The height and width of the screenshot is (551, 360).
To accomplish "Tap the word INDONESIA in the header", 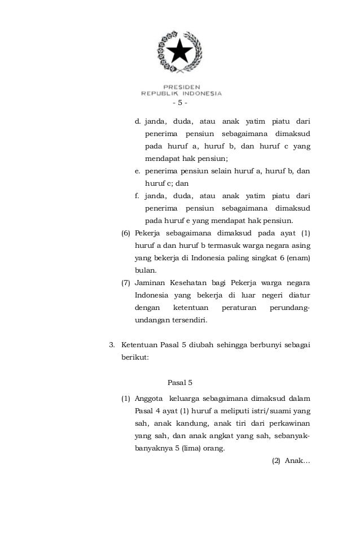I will (x=201, y=94).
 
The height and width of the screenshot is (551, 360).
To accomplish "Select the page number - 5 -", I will (x=180, y=103).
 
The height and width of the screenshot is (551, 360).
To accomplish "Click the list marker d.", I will (x=138, y=121).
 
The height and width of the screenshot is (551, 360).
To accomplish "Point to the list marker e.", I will (x=138, y=171).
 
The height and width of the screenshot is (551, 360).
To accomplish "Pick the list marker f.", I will (x=137, y=196).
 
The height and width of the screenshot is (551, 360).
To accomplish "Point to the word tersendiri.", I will (x=188, y=320).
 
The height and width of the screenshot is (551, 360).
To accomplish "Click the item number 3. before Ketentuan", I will (x=111, y=345).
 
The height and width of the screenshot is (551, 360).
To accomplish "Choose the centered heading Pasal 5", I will (x=180, y=382).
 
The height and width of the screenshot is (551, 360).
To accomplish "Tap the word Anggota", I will (x=149, y=400).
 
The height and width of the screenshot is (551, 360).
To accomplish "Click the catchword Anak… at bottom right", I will (x=297, y=461).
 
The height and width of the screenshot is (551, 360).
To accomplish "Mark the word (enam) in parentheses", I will (x=299, y=258).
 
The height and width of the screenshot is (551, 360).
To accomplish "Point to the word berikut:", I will (x=134, y=357).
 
